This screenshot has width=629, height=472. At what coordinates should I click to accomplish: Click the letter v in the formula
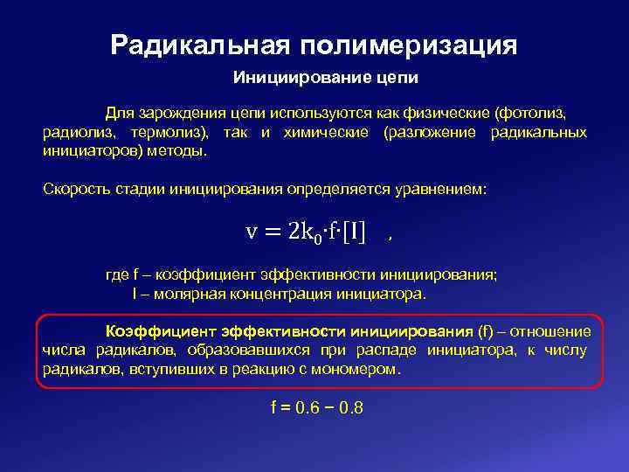click(252, 231)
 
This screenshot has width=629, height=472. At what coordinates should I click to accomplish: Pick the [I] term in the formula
click(354, 231)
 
